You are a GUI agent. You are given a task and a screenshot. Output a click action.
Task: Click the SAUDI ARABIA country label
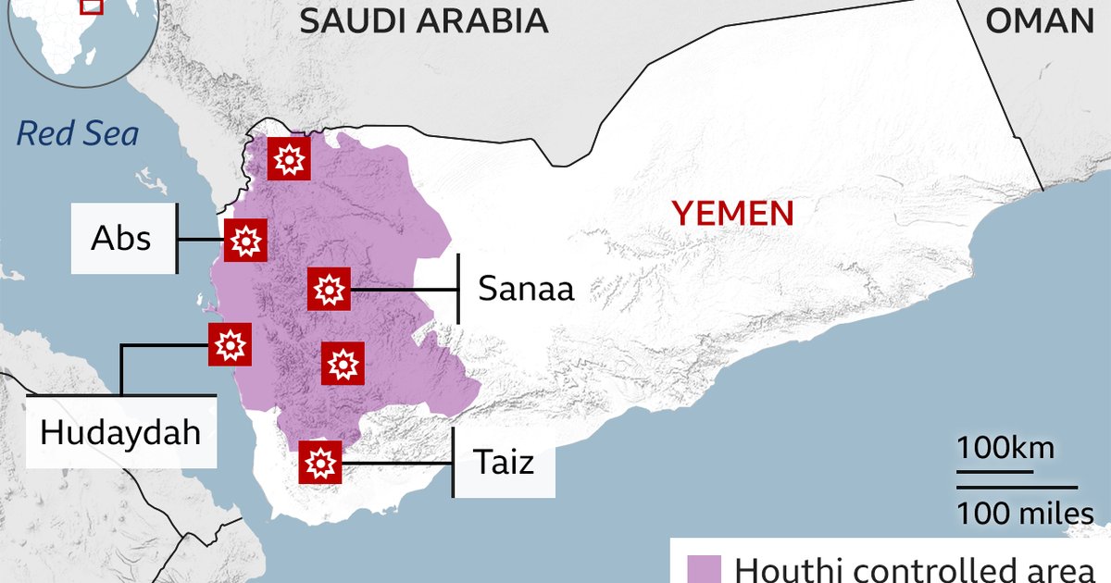click(423, 20)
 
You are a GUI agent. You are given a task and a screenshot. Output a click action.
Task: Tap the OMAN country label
click(1039, 20)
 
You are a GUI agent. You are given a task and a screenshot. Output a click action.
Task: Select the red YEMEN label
click(732, 214)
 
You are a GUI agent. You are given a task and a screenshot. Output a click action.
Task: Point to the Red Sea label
click(78, 134)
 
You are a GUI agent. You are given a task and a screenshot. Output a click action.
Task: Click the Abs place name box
click(121, 239)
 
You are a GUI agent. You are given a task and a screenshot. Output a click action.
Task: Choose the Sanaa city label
click(526, 289)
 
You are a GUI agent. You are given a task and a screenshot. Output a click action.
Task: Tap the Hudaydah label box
click(120, 432)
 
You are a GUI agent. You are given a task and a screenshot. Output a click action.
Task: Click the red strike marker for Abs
click(246, 242)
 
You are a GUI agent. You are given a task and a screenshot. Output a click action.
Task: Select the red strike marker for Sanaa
click(328, 290)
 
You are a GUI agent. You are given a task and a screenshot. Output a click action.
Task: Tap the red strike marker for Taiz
click(320, 461)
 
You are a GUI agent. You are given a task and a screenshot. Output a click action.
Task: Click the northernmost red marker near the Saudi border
click(289, 160)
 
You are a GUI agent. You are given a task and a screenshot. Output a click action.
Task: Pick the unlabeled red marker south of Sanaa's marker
click(343, 363)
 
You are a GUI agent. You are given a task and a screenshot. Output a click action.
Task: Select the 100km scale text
click(1005, 450)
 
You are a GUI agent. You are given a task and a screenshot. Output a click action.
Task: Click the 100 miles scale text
click(1025, 512)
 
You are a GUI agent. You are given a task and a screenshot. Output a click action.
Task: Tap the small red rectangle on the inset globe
click(91, 5)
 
